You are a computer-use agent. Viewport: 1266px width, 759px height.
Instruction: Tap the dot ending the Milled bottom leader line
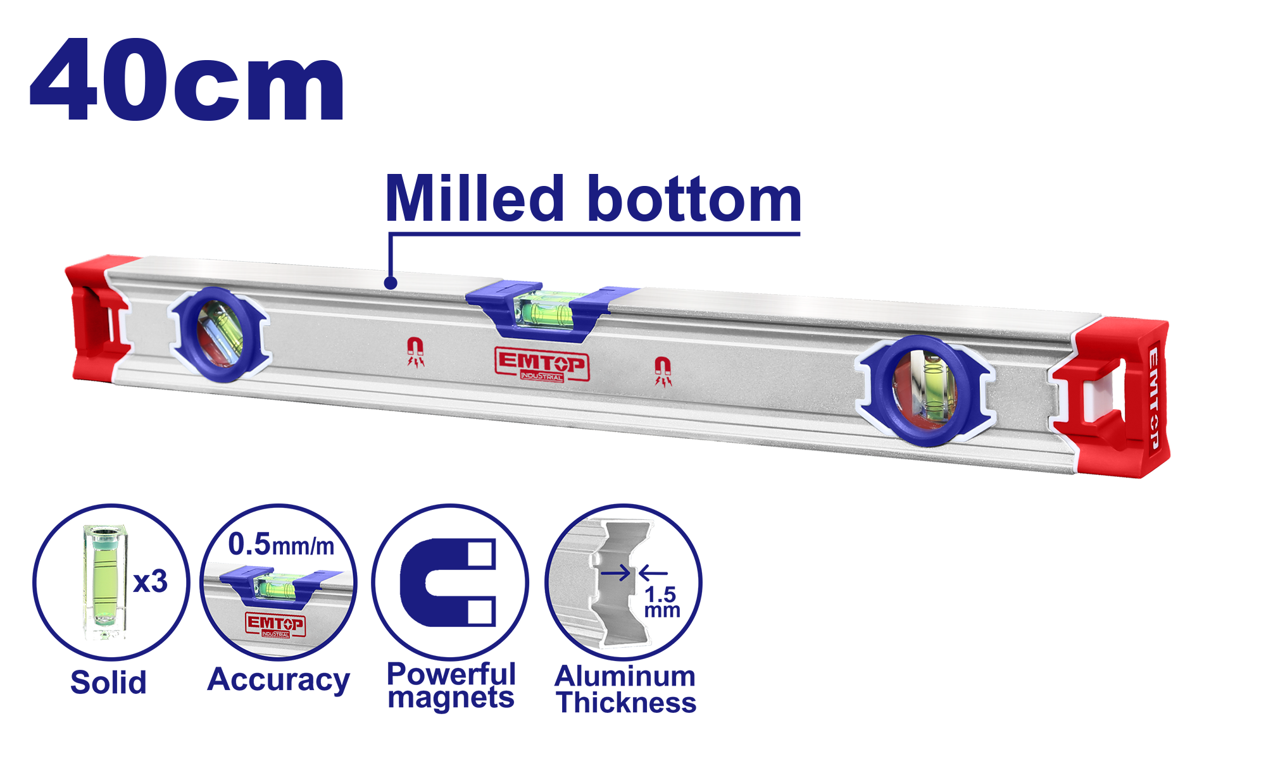[x=391, y=283]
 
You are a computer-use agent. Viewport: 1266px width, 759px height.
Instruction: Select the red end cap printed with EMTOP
[x=1112, y=397]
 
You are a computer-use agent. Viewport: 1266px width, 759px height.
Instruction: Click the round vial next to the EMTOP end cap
[x=925, y=391]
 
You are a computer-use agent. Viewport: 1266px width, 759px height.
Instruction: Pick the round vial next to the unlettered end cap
[x=219, y=334]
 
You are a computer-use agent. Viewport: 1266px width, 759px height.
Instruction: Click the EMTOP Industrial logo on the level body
[x=542, y=364]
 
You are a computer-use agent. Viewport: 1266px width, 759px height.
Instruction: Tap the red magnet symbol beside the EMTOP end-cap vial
[x=663, y=371]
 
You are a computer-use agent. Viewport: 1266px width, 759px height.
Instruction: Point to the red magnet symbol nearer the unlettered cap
[x=415, y=352]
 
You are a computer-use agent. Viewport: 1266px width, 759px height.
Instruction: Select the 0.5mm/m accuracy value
[x=281, y=544]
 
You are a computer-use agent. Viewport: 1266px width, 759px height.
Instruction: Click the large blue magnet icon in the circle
[x=448, y=582]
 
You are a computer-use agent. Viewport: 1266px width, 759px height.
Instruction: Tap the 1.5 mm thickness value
[x=662, y=602]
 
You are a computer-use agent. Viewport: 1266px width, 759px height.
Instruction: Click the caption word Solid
[x=108, y=682]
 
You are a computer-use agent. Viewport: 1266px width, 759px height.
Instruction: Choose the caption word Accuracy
[x=279, y=681]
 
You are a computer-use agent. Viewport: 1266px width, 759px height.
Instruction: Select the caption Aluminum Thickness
[x=625, y=689]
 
